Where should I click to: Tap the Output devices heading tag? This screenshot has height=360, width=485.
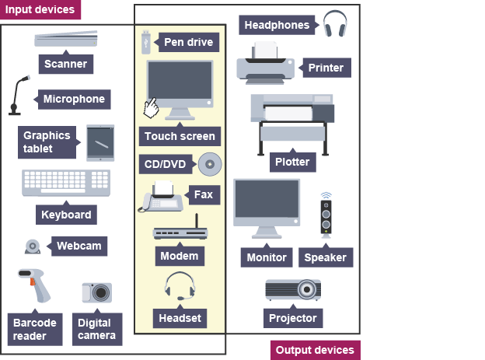click(x=315, y=350)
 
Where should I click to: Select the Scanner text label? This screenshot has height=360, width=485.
click(x=65, y=64)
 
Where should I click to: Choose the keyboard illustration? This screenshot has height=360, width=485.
click(x=65, y=183)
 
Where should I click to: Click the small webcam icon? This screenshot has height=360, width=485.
click(x=33, y=246)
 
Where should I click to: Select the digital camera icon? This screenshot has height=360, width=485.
click(x=97, y=292)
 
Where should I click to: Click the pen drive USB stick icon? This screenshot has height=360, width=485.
click(x=146, y=40)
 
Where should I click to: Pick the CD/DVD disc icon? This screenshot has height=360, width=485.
click(x=210, y=164)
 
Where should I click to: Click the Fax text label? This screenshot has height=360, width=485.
click(x=203, y=194)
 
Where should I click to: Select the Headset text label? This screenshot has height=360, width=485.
click(x=180, y=317)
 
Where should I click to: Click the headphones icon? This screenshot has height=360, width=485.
click(x=335, y=24)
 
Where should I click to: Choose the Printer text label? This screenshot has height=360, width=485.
click(x=326, y=68)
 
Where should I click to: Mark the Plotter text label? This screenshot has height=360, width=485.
click(x=292, y=163)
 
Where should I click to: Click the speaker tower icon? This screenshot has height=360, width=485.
click(x=326, y=217)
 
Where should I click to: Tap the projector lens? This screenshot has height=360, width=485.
click(x=308, y=291)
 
